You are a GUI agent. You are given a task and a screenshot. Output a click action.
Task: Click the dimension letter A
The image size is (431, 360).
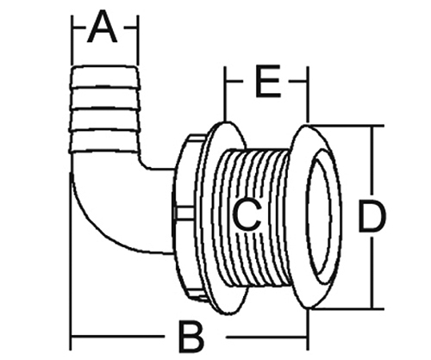point(103,28)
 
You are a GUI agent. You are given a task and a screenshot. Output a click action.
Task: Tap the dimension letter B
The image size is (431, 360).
point(191,338)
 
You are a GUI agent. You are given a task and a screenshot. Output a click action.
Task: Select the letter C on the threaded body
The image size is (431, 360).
point(247,214)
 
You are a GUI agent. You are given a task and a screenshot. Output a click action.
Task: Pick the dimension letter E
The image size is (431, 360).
point(268,81)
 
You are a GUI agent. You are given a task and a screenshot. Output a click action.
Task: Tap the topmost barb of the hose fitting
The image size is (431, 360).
point(104,77)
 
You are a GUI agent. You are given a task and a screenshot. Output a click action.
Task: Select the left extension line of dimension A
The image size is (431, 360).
point(72,40)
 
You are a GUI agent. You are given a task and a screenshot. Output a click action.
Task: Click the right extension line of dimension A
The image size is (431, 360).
point(138,40)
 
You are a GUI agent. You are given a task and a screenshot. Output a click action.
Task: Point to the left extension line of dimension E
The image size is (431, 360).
point(225,94)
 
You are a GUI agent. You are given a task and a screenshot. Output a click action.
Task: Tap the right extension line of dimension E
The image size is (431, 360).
point(308,95)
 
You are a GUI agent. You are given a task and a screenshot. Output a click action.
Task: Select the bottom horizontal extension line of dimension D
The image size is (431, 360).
point(347,309)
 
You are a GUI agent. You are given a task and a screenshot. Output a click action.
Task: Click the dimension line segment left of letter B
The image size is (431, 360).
point(118,337)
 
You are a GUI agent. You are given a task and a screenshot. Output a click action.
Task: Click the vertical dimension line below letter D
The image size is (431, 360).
point(372,272)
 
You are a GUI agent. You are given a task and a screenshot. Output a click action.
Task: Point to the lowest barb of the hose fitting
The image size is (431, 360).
point(104,140)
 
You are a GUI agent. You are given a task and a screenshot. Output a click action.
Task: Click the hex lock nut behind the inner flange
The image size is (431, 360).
point(190,217)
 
